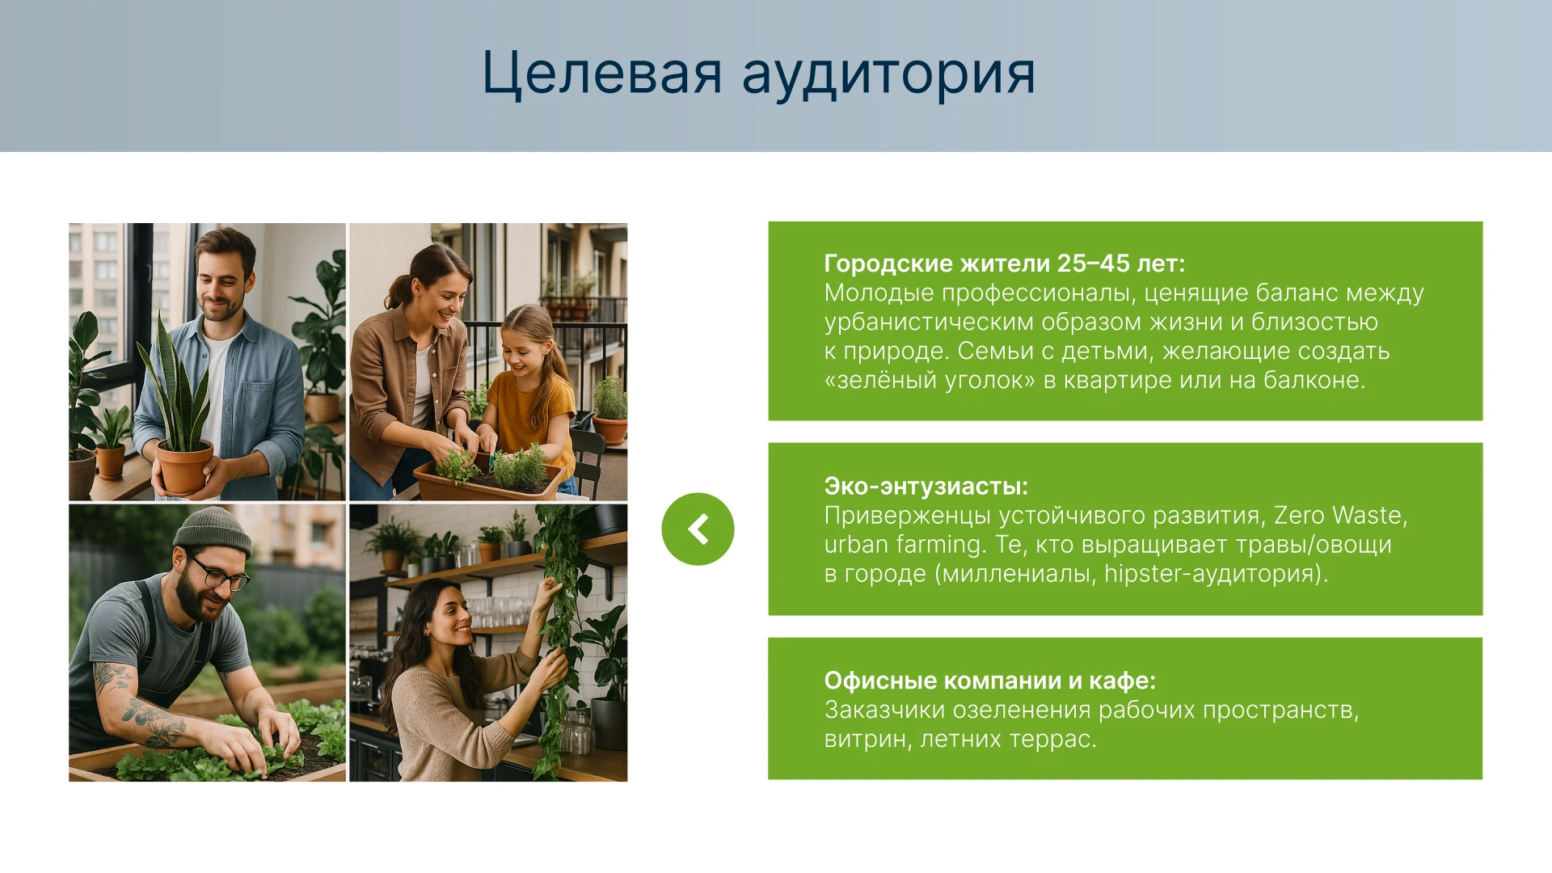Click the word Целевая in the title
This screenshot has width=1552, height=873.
[601, 74]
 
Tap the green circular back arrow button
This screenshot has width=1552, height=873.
[698, 529]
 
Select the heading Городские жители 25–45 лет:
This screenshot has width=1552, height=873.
[1005, 264]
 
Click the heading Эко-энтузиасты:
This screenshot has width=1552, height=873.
[926, 487]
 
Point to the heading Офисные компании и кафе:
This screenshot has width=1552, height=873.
[990, 681]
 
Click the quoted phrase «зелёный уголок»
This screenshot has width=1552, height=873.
[930, 381]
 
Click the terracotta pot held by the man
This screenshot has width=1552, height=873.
[184, 467]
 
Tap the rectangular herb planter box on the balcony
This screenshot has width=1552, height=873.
[488, 483]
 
